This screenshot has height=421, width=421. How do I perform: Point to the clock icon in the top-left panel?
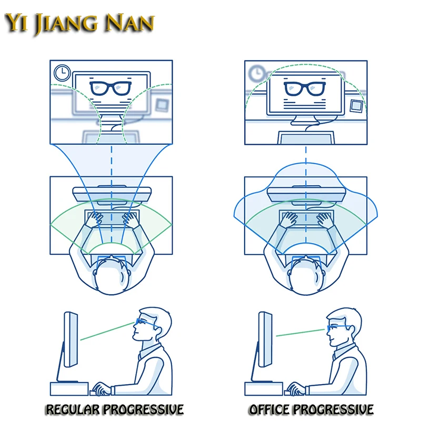pos(62,72)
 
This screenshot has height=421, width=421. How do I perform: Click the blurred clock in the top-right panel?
pos(257,72)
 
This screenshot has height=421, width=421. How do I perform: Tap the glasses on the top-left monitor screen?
pos(111,87)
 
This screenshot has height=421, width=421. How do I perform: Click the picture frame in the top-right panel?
pos(357,105)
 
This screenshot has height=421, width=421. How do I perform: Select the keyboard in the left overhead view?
pos(111,217)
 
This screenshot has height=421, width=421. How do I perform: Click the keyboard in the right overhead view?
pos(306,217)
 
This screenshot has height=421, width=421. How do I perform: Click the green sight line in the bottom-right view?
pos(300,332)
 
